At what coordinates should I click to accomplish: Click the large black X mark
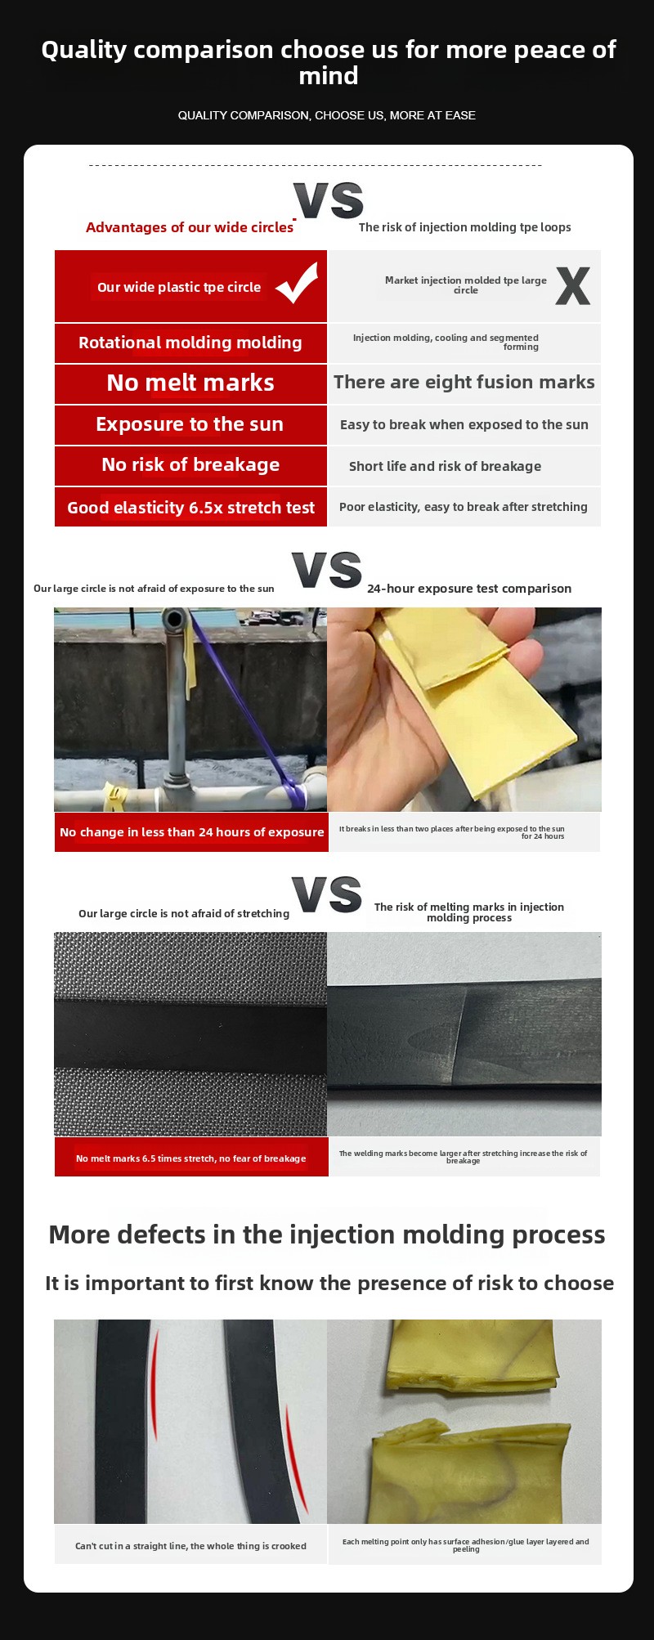click(x=572, y=286)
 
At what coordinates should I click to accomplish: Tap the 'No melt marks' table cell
click(x=190, y=383)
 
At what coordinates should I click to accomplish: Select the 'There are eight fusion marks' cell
click(x=464, y=383)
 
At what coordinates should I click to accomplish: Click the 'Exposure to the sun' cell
click(x=190, y=425)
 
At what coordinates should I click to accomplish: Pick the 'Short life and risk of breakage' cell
click(x=464, y=466)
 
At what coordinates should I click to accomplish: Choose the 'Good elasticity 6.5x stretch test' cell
click(x=190, y=508)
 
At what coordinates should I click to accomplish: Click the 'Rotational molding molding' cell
click(x=190, y=343)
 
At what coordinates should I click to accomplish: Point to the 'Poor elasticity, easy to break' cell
click(x=464, y=508)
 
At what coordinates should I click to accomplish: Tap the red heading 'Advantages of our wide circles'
click(x=190, y=227)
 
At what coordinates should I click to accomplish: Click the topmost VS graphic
click(x=329, y=200)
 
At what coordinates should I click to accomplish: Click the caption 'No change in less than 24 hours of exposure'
click(x=191, y=832)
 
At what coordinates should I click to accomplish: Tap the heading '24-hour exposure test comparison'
click(x=469, y=589)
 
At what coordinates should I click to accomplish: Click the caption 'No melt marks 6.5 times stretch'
click(x=191, y=1158)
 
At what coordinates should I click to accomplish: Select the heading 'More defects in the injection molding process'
click(x=327, y=1234)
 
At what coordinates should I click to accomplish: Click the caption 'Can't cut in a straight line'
click(x=190, y=1546)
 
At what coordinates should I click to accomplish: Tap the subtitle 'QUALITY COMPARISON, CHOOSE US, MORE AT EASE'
click(x=327, y=115)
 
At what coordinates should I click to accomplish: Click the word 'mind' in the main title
click(x=329, y=76)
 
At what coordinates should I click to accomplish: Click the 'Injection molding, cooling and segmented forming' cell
click(x=464, y=343)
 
